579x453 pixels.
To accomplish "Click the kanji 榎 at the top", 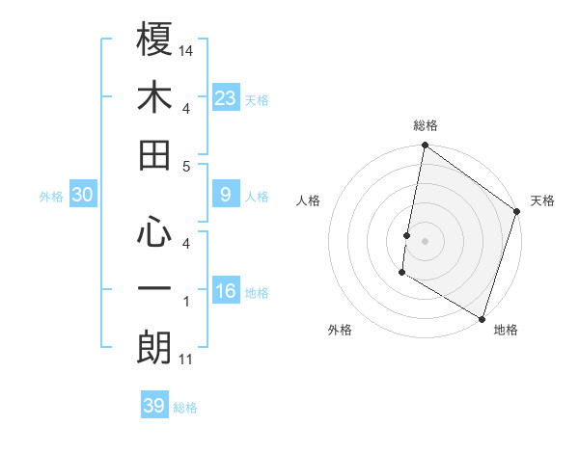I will point(154,40).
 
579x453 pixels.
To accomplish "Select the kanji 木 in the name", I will point(154,97).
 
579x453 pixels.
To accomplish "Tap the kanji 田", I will point(154,155).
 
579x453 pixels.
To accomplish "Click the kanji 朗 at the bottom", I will point(154,348).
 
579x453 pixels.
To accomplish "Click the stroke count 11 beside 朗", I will point(186,360).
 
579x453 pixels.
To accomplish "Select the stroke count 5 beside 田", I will point(186,166).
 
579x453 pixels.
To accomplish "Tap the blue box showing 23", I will point(225,97).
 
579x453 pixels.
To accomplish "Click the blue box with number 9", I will point(225,195).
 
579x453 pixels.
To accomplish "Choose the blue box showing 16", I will point(225,291).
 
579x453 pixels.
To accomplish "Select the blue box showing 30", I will point(83,195).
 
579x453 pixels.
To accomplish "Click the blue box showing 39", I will point(154,406).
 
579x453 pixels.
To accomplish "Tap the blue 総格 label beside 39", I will point(185,408).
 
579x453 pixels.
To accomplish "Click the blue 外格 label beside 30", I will point(51,197).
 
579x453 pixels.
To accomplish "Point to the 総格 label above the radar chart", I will point(425,125).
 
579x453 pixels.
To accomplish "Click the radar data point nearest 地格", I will point(481,318).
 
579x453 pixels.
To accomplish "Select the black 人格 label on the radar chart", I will point(309,200).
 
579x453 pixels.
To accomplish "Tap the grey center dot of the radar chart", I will point(425,240).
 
